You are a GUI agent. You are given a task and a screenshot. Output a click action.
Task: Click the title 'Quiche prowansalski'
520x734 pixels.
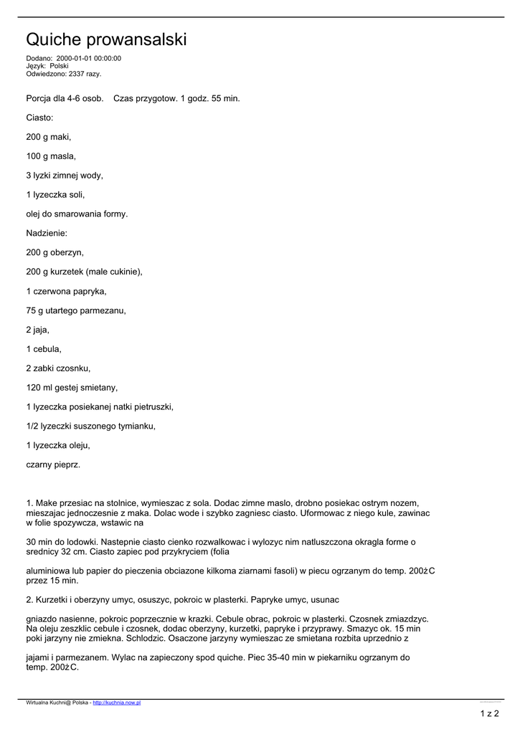(x=106, y=39)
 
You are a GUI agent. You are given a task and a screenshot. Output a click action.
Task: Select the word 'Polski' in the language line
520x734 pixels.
(x=59, y=66)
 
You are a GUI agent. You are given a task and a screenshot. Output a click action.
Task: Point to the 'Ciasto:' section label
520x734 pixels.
(x=40, y=117)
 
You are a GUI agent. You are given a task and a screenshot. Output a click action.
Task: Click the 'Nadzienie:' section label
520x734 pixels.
(x=47, y=233)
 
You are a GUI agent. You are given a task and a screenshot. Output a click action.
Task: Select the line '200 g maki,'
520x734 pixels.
(x=49, y=136)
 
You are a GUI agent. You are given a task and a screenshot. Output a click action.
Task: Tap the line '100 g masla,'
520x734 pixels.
(x=51, y=156)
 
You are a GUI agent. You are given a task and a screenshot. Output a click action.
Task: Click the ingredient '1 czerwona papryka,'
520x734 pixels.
(x=66, y=291)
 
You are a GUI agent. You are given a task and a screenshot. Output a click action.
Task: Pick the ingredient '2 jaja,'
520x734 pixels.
(x=38, y=330)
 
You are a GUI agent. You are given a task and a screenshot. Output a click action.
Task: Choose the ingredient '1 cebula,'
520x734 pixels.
(x=44, y=349)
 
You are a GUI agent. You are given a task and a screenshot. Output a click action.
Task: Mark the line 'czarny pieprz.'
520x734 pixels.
(x=53, y=465)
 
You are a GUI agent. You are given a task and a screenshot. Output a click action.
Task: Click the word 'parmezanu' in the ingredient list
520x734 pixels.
(x=105, y=310)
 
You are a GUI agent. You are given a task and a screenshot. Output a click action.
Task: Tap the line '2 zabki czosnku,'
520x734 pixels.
(x=58, y=368)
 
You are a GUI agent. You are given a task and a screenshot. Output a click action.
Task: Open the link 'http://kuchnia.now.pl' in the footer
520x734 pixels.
(x=117, y=702)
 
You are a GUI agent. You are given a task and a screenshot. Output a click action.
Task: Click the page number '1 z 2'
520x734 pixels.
(x=489, y=713)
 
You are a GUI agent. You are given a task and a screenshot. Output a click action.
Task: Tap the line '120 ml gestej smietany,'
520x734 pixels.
(x=72, y=388)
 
